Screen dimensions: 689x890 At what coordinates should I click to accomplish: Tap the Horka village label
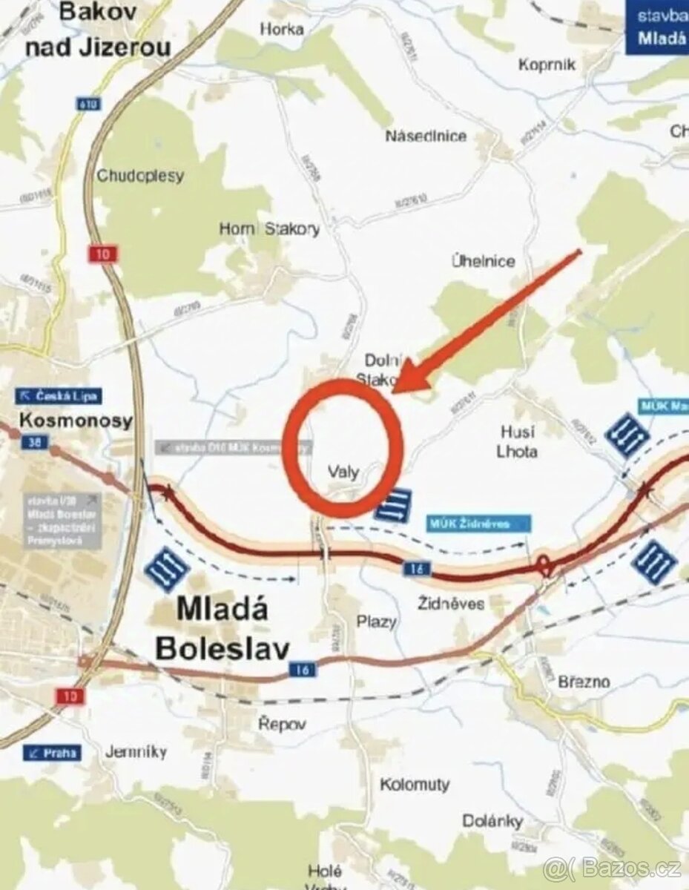click(282, 29)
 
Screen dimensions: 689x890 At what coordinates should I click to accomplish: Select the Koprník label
click(547, 65)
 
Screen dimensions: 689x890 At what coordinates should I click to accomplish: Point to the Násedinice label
click(426, 136)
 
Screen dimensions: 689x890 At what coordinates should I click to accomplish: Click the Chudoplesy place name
click(140, 177)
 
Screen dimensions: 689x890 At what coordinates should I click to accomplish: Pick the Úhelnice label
click(483, 261)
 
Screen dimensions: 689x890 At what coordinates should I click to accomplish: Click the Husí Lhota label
click(518, 441)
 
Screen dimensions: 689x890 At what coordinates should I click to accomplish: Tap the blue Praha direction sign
click(52, 753)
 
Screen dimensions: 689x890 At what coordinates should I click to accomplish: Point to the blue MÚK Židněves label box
click(479, 524)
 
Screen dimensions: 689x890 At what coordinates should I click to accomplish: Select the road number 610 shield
click(88, 105)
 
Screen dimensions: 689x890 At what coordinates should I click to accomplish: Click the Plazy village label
click(376, 622)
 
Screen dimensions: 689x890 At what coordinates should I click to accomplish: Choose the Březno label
click(584, 682)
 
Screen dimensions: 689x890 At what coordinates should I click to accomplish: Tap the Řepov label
click(282, 724)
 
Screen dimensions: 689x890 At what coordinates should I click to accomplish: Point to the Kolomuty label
click(415, 784)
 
